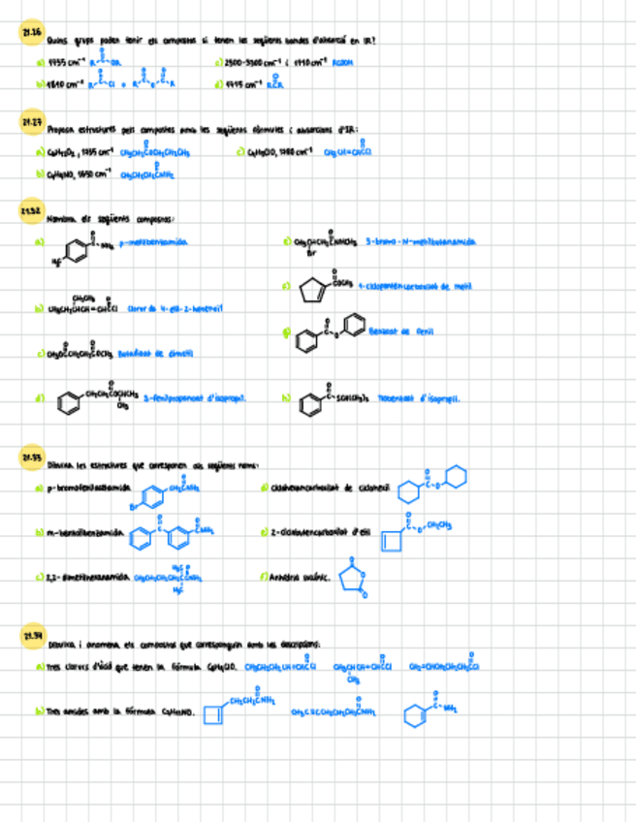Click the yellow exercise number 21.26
30,34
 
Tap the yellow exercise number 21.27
30,123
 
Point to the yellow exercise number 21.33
30,457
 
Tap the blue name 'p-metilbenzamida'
152,242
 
